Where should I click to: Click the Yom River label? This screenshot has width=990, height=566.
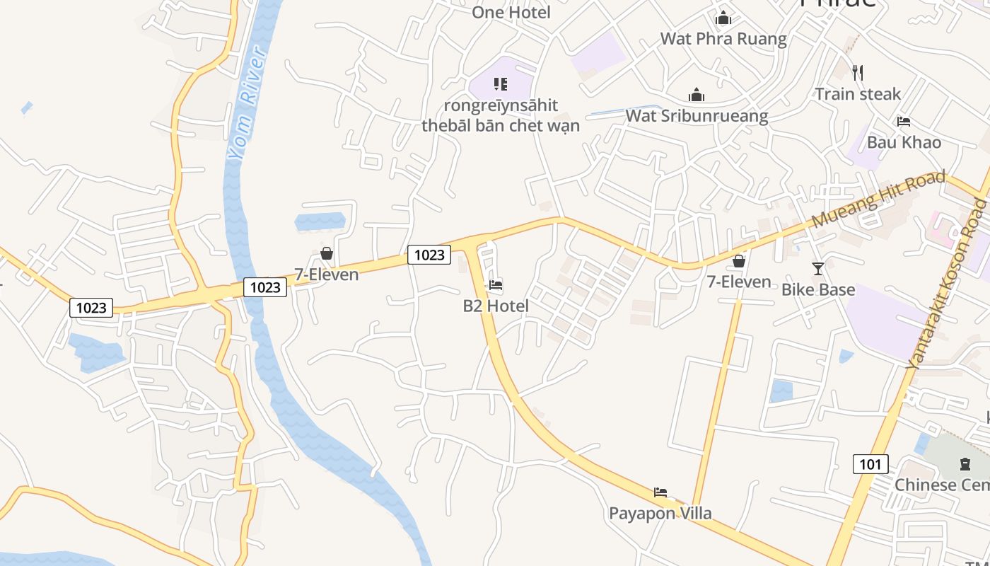click(x=247, y=105)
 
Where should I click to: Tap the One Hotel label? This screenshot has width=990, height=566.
click(x=511, y=12)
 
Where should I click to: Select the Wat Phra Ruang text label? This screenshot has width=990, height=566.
click(x=723, y=38)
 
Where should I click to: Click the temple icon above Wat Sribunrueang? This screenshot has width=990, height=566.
click(x=697, y=95)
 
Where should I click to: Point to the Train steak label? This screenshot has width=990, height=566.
click(x=858, y=93)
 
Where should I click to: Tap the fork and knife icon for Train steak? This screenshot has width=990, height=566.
click(x=858, y=72)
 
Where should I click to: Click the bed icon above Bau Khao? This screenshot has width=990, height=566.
click(x=903, y=121)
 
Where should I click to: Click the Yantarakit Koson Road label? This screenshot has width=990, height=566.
click(x=948, y=283)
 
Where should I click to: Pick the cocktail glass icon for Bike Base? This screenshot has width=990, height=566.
click(x=818, y=268)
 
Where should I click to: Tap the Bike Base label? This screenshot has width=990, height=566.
click(x=818, y=289)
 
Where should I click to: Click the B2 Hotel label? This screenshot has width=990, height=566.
click(x=496, y=306)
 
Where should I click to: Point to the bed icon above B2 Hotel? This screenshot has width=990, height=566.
click(x=496, y=285)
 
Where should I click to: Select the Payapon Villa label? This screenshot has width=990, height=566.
click(x=660, y=513)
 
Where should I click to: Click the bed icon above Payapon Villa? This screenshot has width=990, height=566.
click(x=660, y=492)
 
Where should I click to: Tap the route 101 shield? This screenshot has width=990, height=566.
click(x=870, y=464)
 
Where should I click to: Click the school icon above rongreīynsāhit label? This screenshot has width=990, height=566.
click(x=501, y=84)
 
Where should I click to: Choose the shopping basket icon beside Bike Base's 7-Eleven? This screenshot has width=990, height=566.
click(x=739, y=261)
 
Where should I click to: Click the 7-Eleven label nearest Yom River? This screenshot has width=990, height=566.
click(x=327, y=275)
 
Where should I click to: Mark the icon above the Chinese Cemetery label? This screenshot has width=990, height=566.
click(x=965, y=464)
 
